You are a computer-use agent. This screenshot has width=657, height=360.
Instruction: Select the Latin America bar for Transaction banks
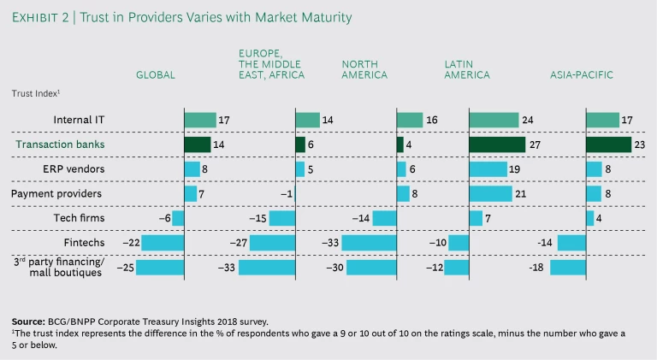click(x=497, y=145)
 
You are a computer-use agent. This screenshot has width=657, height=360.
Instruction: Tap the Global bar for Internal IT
click(x=200, y=121)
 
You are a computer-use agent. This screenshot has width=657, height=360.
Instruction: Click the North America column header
click(x=364, y=69)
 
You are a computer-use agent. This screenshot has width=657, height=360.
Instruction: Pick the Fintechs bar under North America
click(x=369, y=243)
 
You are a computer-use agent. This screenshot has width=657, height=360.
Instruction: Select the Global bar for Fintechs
click(x=163, y=243)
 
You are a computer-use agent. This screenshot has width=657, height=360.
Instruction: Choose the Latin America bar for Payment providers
click(x=491, y=194)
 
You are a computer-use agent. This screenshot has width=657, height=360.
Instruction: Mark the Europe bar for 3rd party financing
click(x=266, y=268)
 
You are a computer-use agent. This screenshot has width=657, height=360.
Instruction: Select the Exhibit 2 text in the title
click(x=42, y=17)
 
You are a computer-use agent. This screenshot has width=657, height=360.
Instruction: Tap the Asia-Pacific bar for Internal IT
click(x=602, y=121)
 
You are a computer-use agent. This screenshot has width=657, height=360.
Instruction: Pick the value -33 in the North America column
click(x=329, y=243)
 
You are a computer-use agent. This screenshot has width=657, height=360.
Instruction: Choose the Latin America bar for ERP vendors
click(x=488, y=169)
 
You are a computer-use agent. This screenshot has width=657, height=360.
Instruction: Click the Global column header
click(x=156, y=75)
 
